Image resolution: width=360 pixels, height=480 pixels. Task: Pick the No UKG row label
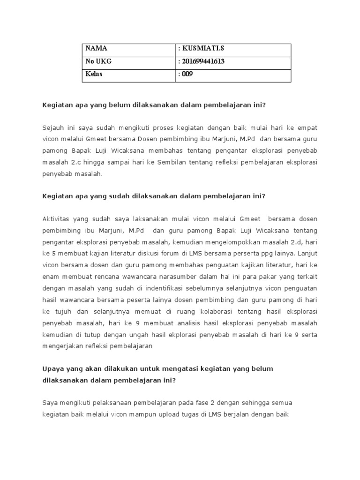pyautogui.click(x=98, y=62)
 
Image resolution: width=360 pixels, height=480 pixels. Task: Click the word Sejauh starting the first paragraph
pyautogui.click(x=54, y=127)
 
